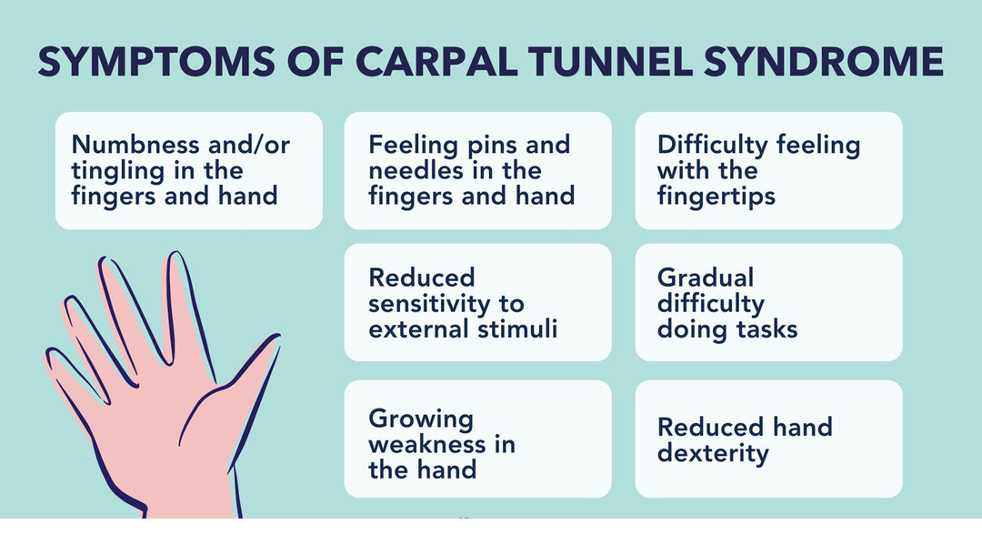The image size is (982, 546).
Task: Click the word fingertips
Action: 716,196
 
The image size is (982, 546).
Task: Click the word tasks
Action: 766,329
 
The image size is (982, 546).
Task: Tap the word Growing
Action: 421,420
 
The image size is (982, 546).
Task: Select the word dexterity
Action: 713,452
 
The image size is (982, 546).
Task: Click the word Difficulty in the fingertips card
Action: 708,145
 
